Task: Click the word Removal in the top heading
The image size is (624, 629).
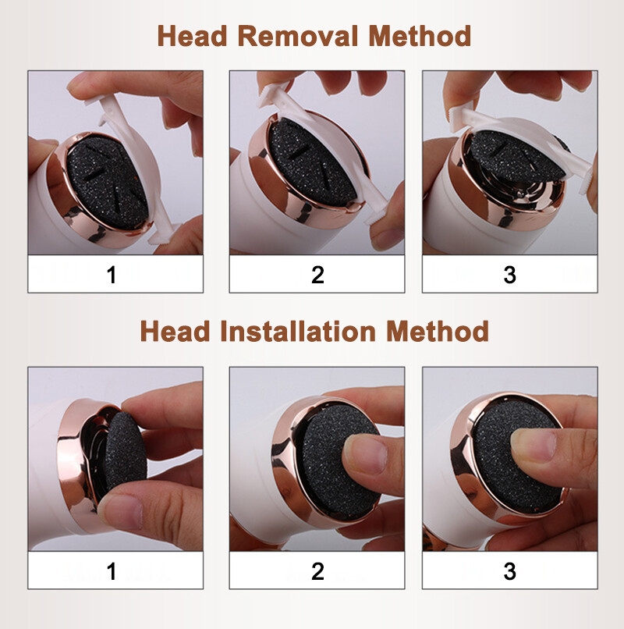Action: pos(297,36)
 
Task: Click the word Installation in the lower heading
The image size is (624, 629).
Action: pos(298,332)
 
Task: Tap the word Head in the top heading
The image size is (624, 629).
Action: pos(193,36)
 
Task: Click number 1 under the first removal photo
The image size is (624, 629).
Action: pos(112,275)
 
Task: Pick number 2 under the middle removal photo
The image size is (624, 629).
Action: pos(317,275)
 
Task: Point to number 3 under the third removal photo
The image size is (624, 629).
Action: pos(509,275)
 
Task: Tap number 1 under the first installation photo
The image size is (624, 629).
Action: pos(112,571)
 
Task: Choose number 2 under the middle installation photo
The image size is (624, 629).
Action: pos(317,571)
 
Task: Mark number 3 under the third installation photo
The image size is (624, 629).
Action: pos(509,571)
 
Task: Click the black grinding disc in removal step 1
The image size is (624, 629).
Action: pos(108,183)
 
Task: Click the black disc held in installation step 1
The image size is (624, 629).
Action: pos(125,457)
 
